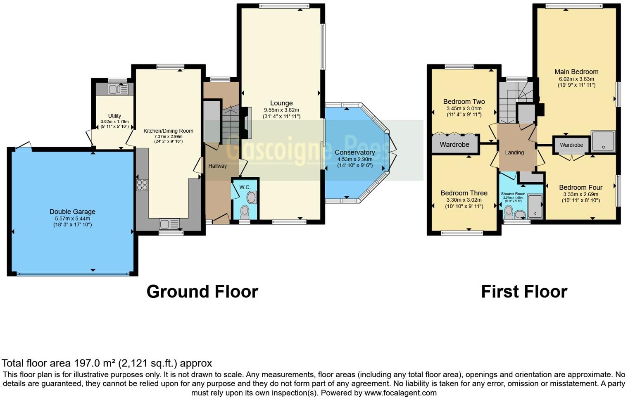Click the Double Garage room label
point(72,212)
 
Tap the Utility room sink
point(118,89)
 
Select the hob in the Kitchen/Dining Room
point(142,185)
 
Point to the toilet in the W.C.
point(245,212)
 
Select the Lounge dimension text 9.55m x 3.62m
point(281,110)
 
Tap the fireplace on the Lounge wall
point(247,123)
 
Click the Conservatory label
point(354,152)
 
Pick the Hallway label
point(217,166)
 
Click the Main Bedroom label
point(576,71)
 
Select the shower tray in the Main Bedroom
point(603,141)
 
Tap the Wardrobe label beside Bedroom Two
point(454,145)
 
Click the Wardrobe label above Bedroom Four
point(571,145)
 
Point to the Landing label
point(514,152)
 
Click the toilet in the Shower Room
point(509,212)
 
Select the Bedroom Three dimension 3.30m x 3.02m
point(464,200)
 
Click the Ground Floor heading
point(202,291)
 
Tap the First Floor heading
point(524,291)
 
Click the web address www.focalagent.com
point(400,393)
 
